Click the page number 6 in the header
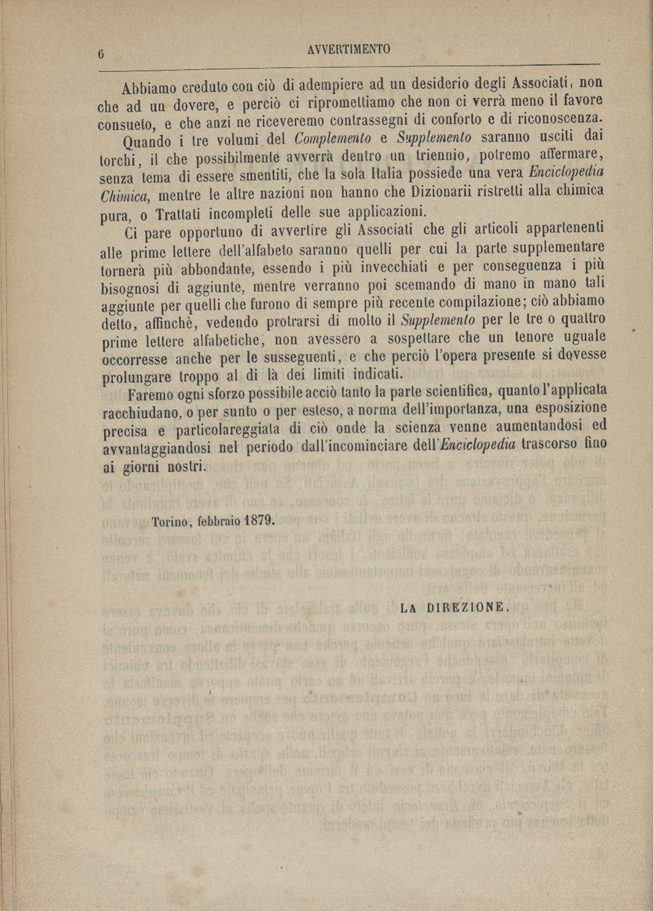tap(102, 54)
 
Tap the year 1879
tap(259, 521)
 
